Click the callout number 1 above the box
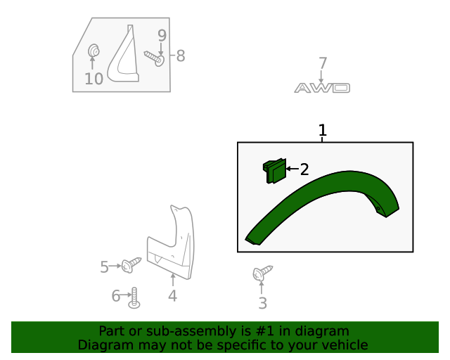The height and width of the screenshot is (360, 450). click(x=323, y=131)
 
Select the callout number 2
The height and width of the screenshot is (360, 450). click(x=304, y=169)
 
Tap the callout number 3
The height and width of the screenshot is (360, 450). click(x=262, y=303)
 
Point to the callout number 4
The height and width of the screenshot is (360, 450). click(x=172, y=296)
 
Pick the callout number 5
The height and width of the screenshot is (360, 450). click(x=104, y=266)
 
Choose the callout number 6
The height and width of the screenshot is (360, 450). click(x=116, y=296)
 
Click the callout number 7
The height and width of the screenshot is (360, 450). click(x=323, y=64)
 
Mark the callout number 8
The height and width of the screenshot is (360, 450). click(x=181, y=56)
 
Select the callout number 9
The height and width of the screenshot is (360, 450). click(x=162, y=35)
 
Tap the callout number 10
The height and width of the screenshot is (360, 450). click(x=94, y=79)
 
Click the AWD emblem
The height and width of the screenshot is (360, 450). click(x=322, y=88)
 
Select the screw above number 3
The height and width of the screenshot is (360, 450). click(x=262, y=273)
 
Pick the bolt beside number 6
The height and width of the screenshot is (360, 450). click(x=134, y=298)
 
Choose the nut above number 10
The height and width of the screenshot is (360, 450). click(x=93, y=51)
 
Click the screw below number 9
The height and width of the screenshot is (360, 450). click(x=154, y=58)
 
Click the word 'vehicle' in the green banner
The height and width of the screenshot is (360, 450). click(x=342, y=345)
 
